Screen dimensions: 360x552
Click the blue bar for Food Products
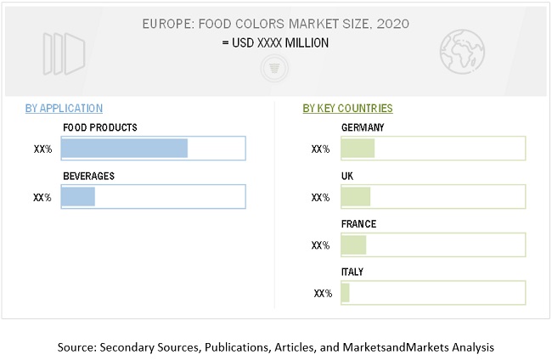pos(124,149)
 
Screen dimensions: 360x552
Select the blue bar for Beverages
pos(78,197)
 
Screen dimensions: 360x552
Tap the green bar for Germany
pos(358,149)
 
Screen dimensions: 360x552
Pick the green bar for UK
pos(356,197)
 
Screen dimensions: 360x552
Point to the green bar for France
pos(353,245)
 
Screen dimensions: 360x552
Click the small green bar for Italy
pos(346,293)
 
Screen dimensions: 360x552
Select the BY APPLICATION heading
pos(64,109)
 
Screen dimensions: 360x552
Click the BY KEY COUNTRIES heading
pos(347,109)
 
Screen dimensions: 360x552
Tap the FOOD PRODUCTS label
pos(99,127)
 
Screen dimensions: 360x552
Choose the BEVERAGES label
pos(88,176)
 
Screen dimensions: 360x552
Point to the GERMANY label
pos(363,127)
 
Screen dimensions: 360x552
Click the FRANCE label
pos(358,224)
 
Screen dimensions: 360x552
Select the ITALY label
pos(353,272)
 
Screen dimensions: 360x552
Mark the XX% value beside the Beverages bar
pos(42,198)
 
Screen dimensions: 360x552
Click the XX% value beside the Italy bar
pos(323,294)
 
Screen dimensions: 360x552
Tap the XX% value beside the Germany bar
pos(320,149)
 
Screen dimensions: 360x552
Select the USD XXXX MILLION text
pos(276,42)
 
